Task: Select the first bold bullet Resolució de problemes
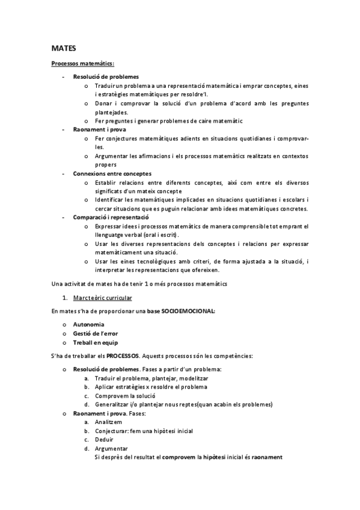click(106, 77)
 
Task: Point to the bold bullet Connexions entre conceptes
click(112, 173)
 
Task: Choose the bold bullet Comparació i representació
click(111, 217)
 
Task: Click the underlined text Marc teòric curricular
click(102, 298)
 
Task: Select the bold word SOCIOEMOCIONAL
click(184, 311)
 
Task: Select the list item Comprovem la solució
click(125, 396)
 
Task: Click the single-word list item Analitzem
click(111, 422)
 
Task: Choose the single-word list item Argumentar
click(111, 448)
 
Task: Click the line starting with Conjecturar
click(144, 431)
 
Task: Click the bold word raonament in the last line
click(267, 457)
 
